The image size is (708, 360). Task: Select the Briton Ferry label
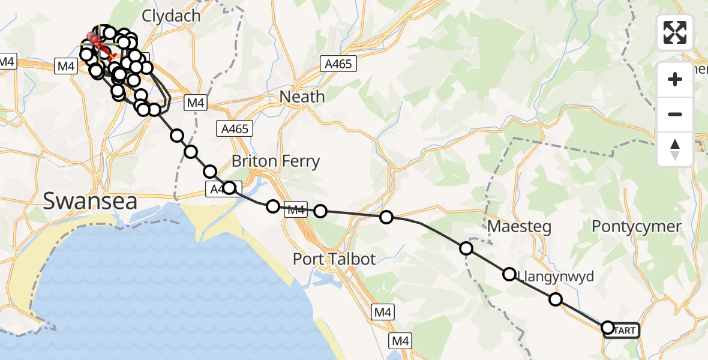(275, 161)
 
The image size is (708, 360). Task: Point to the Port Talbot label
(334, 259)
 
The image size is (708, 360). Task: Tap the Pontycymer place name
(637, 227)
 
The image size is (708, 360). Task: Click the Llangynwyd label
(555, 277)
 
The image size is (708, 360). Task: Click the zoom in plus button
(675, 79)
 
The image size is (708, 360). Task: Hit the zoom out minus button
(675, 114)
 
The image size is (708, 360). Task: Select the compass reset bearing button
(675, 149)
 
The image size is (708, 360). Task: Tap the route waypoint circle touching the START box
(607, 327)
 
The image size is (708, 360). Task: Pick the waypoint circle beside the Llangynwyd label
(509, 274)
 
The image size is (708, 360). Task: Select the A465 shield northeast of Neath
(338, 64)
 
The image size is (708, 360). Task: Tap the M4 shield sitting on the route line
(296, 210)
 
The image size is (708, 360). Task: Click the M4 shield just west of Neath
(196, 103)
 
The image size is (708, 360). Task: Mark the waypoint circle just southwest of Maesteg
(466, 248)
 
